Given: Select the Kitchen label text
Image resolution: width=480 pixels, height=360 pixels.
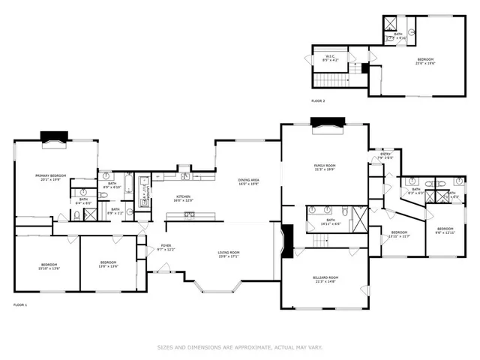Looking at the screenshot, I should coord(184,198).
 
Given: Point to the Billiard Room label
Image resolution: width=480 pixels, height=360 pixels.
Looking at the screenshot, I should coord(325,279).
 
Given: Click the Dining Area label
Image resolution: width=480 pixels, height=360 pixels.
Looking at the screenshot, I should coord(249,181).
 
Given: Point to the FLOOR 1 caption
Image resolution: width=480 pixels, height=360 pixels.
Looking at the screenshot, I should coord(20,304).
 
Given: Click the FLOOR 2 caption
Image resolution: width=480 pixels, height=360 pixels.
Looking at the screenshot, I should coord(319,100).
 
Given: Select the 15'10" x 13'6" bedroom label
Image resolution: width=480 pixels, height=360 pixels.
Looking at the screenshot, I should coord(49,266).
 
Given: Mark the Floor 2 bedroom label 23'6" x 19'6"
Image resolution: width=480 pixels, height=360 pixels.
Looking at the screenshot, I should coord(425,61).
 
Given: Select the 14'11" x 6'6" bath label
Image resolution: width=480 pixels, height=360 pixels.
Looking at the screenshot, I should coord(331,223).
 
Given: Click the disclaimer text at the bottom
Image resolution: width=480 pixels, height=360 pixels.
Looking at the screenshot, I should coord(239,347).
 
